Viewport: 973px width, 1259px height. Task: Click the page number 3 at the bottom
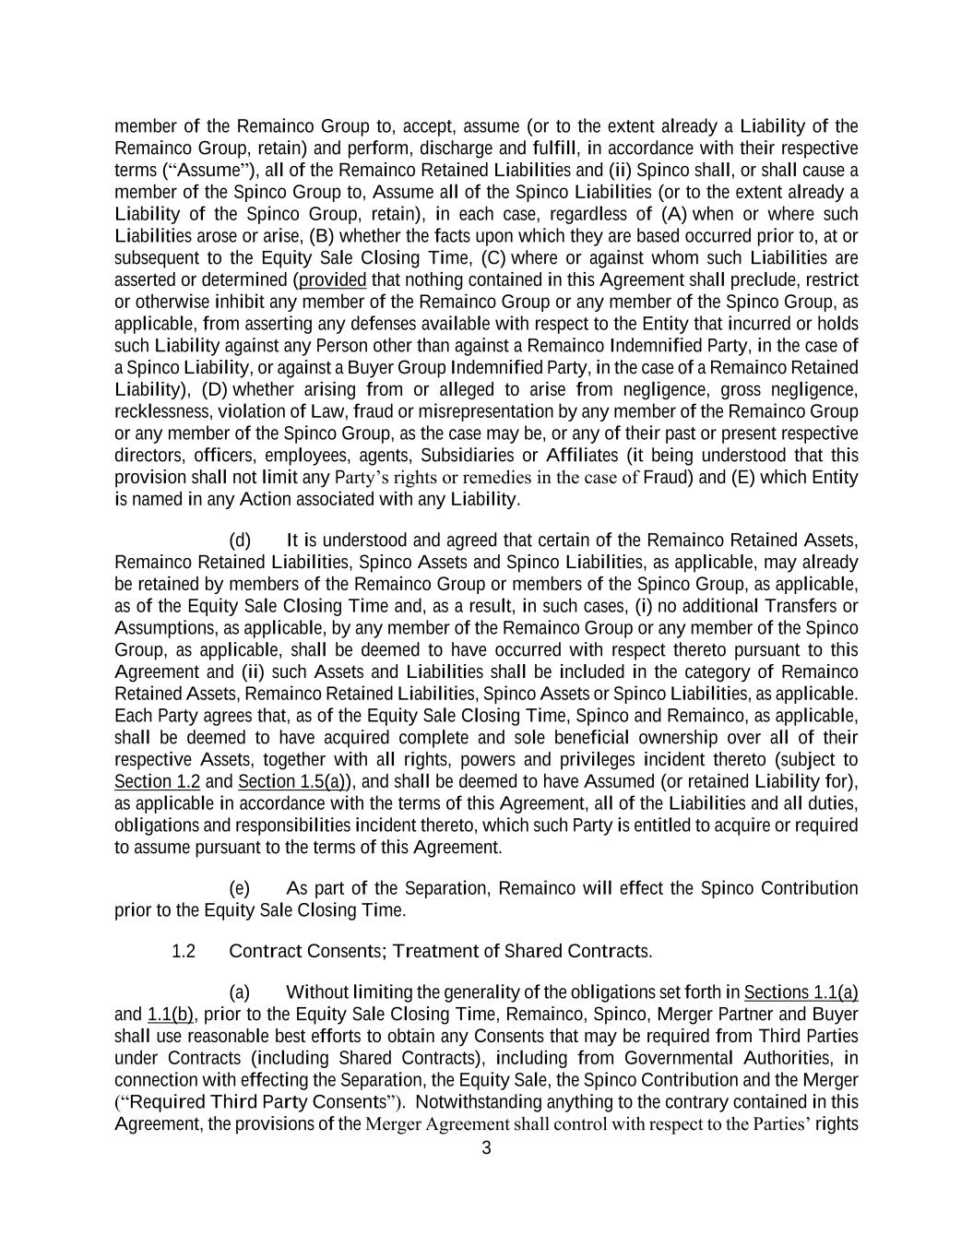point(486,1148)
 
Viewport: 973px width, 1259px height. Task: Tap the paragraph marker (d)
point(239,540)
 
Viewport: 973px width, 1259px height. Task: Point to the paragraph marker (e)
point(239,888)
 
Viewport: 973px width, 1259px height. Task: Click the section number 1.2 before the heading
point(184,951)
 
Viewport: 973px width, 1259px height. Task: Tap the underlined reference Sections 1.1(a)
point(801,992)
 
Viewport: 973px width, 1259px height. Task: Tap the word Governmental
point(673,1058)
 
